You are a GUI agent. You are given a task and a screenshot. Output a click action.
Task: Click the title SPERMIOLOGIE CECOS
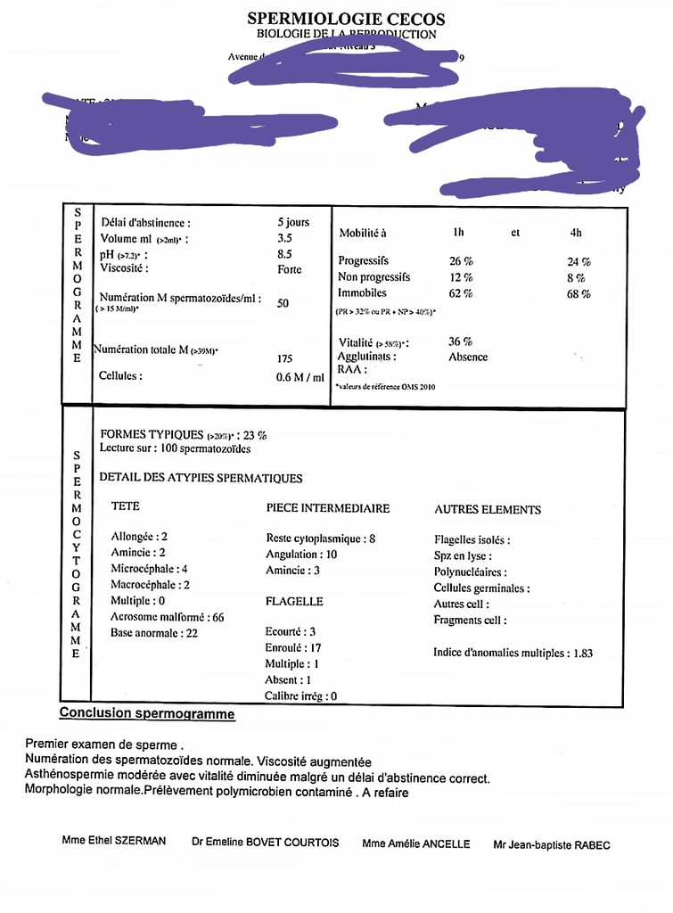coord(346,19)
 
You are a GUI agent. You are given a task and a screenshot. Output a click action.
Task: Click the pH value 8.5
coord(285,253)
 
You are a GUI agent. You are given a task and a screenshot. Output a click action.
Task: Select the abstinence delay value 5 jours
coord(293,222)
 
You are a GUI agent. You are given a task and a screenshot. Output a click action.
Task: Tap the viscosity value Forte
coord(290,269)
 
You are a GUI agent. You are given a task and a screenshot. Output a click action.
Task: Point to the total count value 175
coord(285,359)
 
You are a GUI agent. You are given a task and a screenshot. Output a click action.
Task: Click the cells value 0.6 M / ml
coord(300,377)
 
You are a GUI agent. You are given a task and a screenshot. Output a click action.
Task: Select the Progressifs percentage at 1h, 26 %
coord(461,261)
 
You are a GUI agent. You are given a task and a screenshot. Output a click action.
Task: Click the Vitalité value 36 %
coord(461,341)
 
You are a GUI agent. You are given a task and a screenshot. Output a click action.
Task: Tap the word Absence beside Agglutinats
coord(468,357)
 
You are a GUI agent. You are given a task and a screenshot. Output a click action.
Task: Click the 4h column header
coord(576,233)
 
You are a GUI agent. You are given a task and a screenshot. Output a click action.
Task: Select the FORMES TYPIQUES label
coord(152,434)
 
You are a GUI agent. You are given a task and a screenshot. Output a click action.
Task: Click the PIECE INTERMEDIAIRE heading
coord(328,508)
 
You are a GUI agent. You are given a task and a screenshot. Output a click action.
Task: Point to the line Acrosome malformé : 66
coord(167,617)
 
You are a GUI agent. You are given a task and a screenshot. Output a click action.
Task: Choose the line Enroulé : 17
coord(293,648)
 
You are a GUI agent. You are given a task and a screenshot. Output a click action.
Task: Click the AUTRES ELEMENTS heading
coord(488,510)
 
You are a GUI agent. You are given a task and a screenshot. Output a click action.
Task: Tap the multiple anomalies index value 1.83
coord(583,653)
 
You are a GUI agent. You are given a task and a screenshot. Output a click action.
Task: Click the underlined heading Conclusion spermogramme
coord(147,713)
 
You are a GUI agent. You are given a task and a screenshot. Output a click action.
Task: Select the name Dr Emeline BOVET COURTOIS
coord(265,843)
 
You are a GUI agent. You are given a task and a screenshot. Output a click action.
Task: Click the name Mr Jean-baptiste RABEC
coord(552,845)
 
